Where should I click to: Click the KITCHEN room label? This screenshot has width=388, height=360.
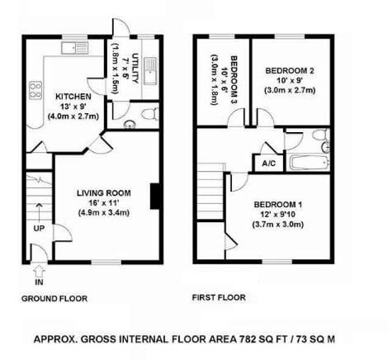(73, 97)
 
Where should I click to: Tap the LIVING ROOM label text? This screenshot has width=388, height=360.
(104, 193)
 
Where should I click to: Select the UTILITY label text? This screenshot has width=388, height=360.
(135, 69)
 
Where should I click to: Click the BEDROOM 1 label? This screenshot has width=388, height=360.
(278, 205)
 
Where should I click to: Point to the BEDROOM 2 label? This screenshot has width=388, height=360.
(290, 71)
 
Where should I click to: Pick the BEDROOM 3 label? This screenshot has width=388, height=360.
(234, 80)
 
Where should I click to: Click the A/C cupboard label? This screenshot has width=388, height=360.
(268, 163)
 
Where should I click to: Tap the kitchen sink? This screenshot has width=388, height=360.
(74, 48)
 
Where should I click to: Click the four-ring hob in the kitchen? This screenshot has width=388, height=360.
(35, 90)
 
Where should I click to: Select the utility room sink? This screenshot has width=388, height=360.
(150, 71)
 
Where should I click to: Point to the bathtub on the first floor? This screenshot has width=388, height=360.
(308, 163)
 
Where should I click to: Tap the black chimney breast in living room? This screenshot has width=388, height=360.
(154, 197)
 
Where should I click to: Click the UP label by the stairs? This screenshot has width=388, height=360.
(39, 228)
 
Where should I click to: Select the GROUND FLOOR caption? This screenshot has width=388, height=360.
(54, 299)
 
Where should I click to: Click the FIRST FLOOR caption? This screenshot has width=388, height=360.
(219, 297)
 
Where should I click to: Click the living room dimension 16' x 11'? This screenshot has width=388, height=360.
(104, 203)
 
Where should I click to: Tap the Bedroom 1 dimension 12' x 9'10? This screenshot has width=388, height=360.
(278, 215)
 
